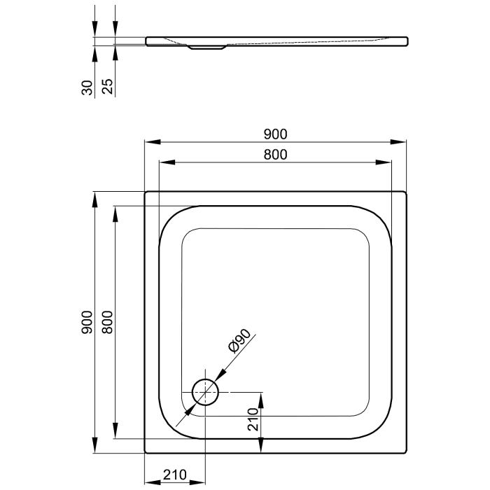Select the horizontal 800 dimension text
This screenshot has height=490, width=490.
click(276, 155)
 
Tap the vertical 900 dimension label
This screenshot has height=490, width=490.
click(87, 321)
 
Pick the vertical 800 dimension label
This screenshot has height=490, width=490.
click(107, 321)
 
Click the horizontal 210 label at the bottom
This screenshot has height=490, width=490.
click(174, 476)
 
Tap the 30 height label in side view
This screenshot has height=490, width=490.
click(87, 87)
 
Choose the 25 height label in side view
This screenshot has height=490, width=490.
click(108, 87)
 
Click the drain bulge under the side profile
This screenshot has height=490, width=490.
click(206, 48)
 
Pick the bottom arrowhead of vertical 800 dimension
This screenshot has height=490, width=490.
click(115, 435)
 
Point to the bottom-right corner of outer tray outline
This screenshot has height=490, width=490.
click(406, 454)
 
